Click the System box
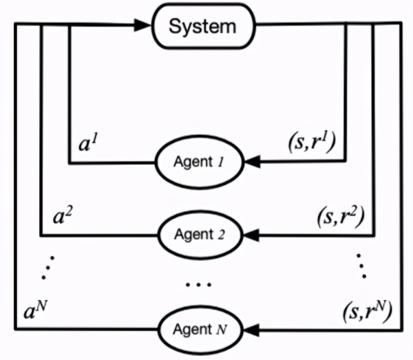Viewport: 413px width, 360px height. [202, 28]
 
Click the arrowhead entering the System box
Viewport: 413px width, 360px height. [144, 28]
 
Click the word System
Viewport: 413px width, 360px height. [202, 28]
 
